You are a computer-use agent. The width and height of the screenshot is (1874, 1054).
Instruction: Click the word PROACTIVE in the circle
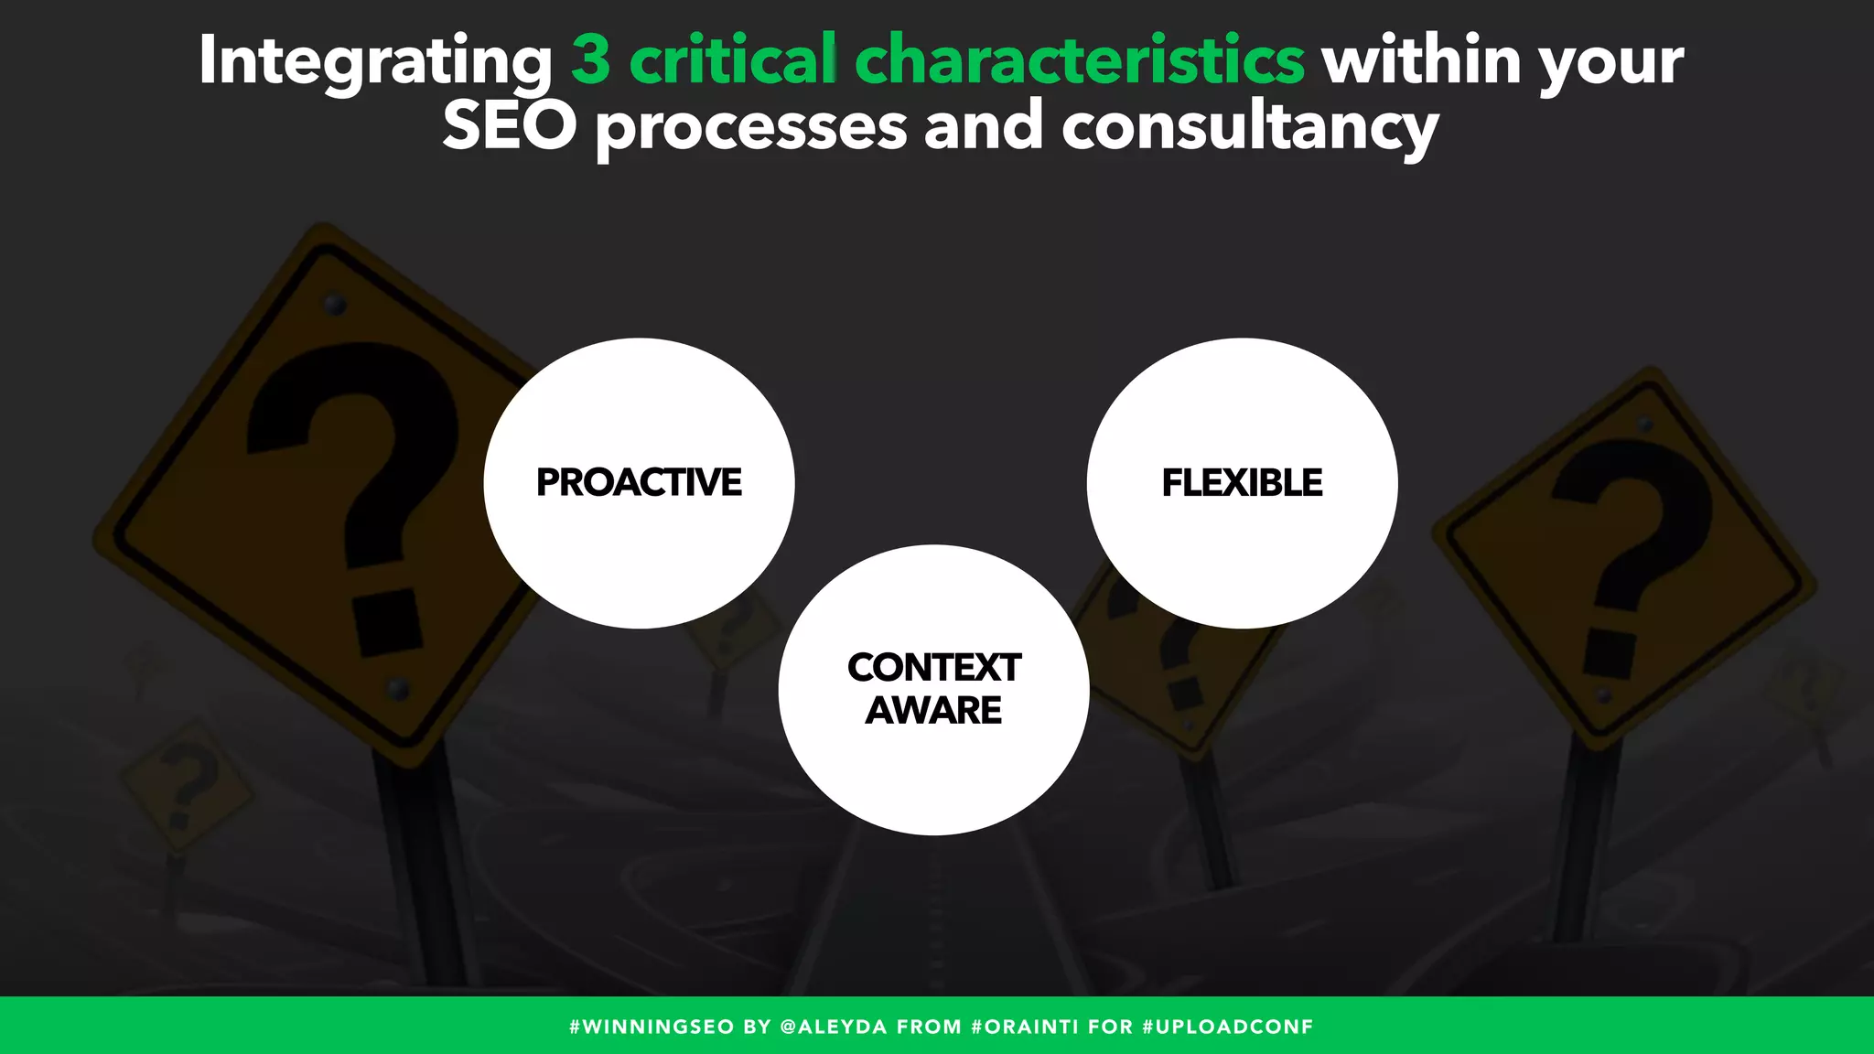point(639,482)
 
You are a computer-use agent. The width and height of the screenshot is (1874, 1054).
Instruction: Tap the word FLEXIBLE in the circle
point(1242,482)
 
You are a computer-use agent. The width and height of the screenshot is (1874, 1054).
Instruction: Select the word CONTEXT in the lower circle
point(933,667)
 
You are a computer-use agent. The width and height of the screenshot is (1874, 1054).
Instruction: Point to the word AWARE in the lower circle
point(933,710)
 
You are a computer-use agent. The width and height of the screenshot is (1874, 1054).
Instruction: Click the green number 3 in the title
point(590,60)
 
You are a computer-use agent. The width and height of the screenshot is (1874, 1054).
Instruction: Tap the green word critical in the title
point(733,60)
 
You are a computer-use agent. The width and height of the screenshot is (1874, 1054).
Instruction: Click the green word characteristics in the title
point(1080,60)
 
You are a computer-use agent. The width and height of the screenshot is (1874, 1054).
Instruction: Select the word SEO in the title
point(509,126)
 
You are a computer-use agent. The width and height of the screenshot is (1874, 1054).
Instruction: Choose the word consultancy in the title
point(1250,126)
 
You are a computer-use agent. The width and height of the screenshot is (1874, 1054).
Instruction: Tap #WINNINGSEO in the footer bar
point(652,1027)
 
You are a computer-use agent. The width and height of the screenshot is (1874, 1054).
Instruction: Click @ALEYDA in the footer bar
point(834,1027)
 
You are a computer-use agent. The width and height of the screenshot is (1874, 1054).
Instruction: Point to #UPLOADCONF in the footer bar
point(1228,1027)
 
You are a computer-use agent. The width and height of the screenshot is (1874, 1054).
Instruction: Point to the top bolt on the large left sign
point(335,303)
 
